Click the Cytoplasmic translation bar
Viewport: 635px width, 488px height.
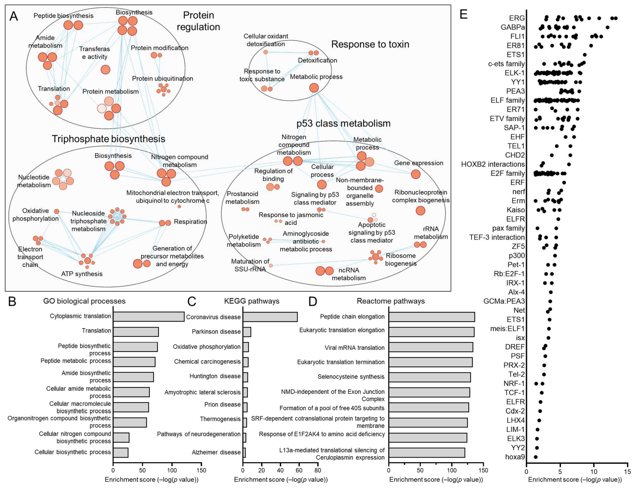point(149,316)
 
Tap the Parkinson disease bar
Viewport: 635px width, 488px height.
point(247,332)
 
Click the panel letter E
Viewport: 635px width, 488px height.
point(464,14)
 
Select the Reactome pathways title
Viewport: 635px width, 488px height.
point(391,301)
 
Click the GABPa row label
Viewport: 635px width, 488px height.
point(513,27)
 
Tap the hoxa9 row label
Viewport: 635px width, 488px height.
point(515,457)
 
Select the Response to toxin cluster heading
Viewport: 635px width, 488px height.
point(370,44)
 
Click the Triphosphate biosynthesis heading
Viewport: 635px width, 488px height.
point(108,139)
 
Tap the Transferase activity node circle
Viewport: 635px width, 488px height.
point(105,69)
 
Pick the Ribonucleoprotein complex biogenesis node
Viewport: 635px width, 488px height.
point(420,211)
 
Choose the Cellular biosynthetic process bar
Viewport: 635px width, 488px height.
point(121,452)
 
